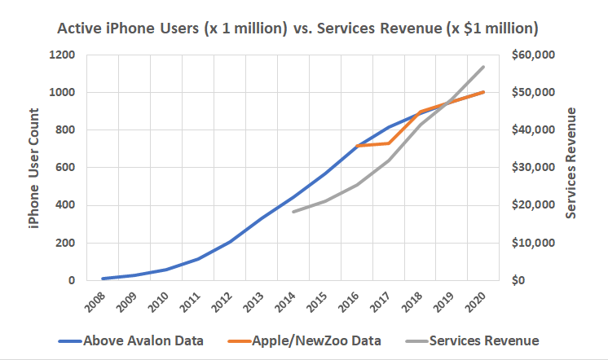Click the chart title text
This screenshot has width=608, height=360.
tap(297, 29)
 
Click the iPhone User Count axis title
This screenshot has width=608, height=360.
tap(33, 168)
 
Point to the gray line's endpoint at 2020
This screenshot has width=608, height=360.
tap(484, 67)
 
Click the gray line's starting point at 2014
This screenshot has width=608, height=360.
tap(293, 212)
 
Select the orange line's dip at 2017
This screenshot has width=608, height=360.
tap(389, 143)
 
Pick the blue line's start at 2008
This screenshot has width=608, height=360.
tap(103, 279)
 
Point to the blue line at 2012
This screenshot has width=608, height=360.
tap(230, 242)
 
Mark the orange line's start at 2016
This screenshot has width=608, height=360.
tap(357, 146)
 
